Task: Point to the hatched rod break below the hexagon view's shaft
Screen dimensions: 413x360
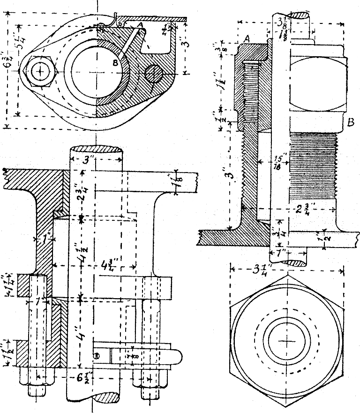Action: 296,263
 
